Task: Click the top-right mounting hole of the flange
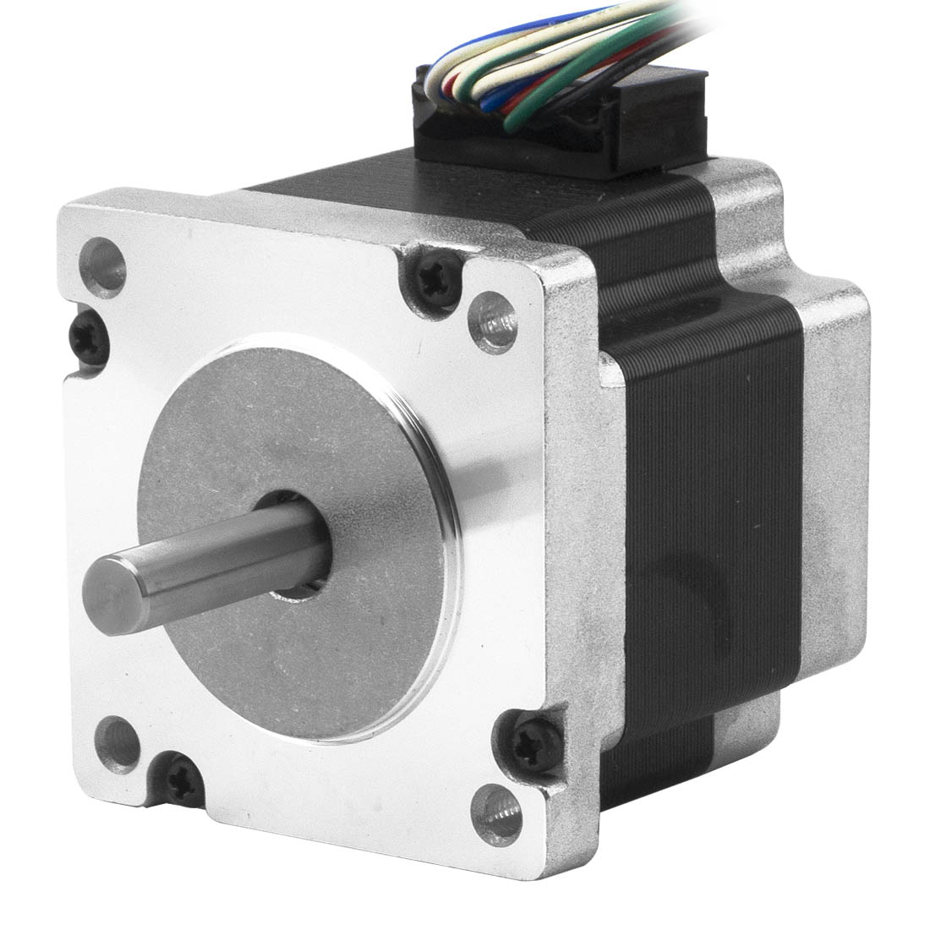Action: (494, 322)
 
